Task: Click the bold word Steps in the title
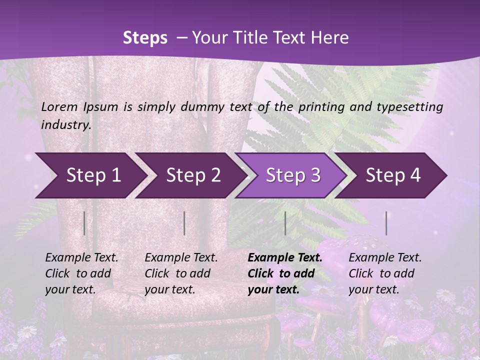(145, 38)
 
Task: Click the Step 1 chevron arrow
(90, 175)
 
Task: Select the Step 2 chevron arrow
(190, 175)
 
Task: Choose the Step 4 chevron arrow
(392, 175)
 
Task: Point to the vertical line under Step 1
(84, 223)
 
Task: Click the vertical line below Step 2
(184, 223)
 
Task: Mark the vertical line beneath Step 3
(285, 223)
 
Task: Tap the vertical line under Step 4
(386, 223)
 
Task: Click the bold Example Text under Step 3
(285, 273)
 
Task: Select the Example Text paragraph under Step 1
(81, 273)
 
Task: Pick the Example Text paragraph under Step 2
(181, 273)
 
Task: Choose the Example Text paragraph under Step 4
(385, 273)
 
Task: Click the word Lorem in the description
(59, 106)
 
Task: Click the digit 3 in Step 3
(315, 175)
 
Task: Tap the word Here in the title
(332, 38)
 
